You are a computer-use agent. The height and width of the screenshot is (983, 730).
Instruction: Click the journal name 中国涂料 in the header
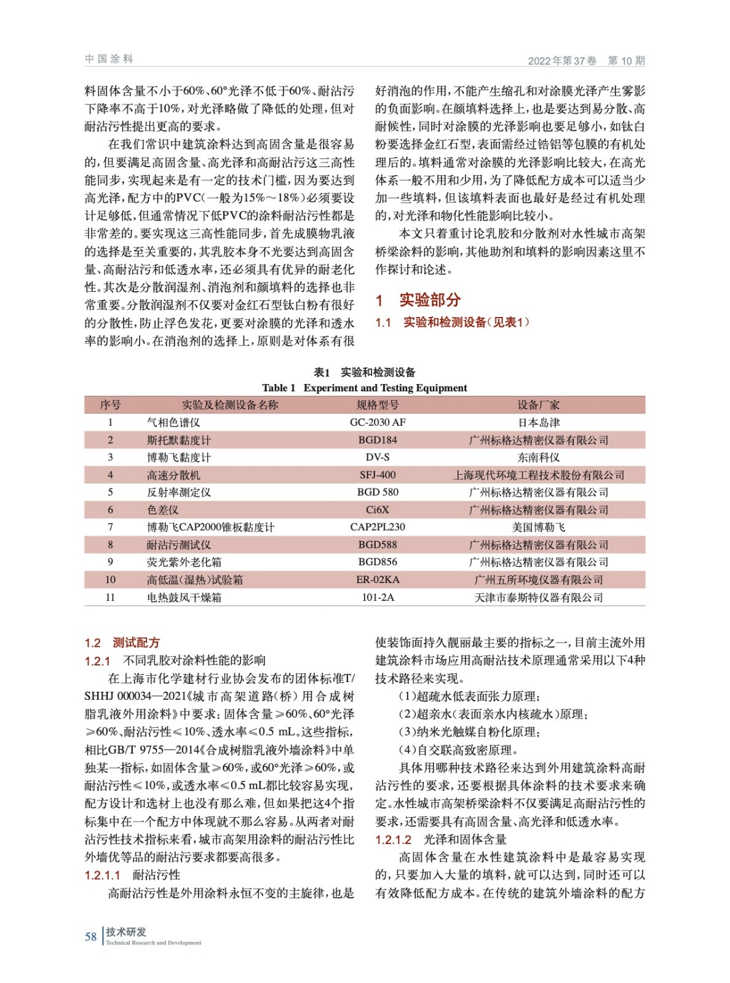(109, 59)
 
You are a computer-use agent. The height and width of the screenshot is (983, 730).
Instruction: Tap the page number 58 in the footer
(90, 937)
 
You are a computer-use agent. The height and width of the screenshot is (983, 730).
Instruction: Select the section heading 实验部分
(429, 300)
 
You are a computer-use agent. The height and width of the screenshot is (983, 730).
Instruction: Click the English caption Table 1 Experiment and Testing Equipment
(364, 388)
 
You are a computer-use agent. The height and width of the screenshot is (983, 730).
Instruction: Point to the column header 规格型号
(378, 405)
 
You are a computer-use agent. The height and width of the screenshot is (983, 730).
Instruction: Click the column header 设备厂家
(538, 405)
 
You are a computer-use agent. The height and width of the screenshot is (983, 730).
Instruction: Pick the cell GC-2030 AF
(378, 423)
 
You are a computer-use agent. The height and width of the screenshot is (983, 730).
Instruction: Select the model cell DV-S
(378, 457)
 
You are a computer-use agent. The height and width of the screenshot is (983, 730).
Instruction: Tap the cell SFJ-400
(378, 475)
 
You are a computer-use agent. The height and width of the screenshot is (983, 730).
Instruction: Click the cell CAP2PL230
(378, 527)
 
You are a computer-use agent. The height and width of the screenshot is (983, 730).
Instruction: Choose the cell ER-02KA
(378, 579)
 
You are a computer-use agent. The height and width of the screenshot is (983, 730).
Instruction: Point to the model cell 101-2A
(378, 597)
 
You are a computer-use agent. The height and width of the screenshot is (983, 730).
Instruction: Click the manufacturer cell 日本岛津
(538, 423)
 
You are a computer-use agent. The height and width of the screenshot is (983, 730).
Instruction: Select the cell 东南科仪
(538, 457)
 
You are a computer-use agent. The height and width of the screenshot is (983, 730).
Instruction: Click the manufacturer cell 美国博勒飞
(538, 527)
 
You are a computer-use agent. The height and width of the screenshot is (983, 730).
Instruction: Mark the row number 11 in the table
(110, 597)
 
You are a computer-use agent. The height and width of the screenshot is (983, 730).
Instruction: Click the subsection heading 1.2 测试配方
(122, 643)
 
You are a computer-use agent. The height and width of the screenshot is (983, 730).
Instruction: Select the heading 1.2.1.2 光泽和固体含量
(441, 839)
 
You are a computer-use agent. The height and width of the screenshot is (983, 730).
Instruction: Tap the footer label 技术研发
(126, 932)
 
